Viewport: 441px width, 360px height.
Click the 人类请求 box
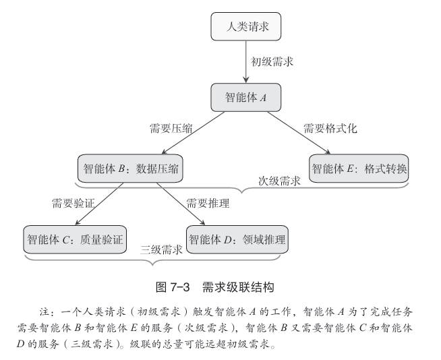[x=246, y=26]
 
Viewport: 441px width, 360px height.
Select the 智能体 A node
[x=246, y=97]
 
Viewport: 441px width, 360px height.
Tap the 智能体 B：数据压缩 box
[x=130, y=168]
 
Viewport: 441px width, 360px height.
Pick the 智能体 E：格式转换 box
[x=359, y=168]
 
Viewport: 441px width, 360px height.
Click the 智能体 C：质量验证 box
[x=75, y=239]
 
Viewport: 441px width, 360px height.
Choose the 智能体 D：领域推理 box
[x=237, y=239]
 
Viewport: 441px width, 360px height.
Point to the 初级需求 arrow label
[x=272, y=61]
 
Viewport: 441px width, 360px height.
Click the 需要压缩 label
[x=171, y=129]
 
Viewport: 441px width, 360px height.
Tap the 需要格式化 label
[x=330, y=129]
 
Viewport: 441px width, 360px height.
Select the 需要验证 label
[x=73, y=203]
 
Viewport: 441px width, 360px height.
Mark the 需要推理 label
[x=208, y=203]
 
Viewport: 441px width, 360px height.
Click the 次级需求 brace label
[x=279, y=181]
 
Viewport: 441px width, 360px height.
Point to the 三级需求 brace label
[x=161, y=249]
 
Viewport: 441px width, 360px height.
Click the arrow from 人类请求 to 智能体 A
[x=246, y=61]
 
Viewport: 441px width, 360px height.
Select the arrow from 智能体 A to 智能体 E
[x=299, y=133]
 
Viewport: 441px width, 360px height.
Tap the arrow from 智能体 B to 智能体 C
[x=99, y=204]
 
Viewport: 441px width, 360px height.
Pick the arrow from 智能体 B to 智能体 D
[x=181, y=204]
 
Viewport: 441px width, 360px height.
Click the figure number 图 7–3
[x=173, y=287]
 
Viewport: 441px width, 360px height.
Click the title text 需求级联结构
[x=238, y=287]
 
